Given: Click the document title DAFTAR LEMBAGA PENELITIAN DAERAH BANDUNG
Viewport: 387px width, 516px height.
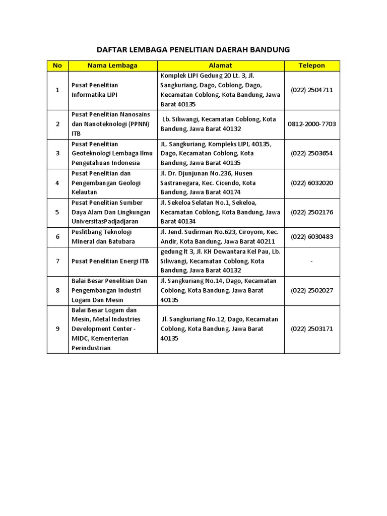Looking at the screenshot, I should tap(193, 49).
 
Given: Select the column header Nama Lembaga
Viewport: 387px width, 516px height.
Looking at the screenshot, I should tap(112, 66).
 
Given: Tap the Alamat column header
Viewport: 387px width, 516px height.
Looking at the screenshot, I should tap(221, 66).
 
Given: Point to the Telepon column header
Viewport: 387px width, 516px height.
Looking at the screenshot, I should tap(312, 66).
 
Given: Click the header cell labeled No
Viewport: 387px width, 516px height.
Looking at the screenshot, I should tap(57, 66).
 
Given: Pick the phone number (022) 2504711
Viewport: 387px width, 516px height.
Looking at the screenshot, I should tap(312, 90).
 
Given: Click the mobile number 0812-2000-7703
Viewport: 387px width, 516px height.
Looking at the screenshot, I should tap(312, 124).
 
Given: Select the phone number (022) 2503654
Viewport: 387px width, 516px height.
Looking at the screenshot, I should tap(312, 153).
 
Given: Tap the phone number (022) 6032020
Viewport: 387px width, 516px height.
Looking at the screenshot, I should tap(312, 183).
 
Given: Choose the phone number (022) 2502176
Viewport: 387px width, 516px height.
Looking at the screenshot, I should tap(312, 212).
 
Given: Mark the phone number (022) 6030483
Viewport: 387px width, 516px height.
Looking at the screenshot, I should tap(312, 237).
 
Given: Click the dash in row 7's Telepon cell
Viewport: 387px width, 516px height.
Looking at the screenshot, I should tap(312, 261).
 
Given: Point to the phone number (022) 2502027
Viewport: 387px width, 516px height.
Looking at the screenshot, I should tap(312, 290).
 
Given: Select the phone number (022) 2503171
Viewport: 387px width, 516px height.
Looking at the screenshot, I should tap(312, 329).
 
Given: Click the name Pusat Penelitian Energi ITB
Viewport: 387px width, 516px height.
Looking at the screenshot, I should tap(110, 261).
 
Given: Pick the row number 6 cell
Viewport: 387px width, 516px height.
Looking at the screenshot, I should tap(57, 237).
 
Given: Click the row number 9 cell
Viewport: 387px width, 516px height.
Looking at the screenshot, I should tap(57, 329).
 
